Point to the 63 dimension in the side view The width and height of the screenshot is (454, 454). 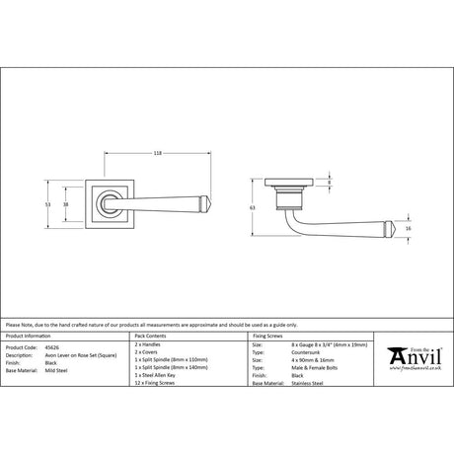(x=253, y=208)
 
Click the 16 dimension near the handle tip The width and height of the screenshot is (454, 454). (x=410, y=227)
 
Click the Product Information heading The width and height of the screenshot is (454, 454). (x=28, y=337)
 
